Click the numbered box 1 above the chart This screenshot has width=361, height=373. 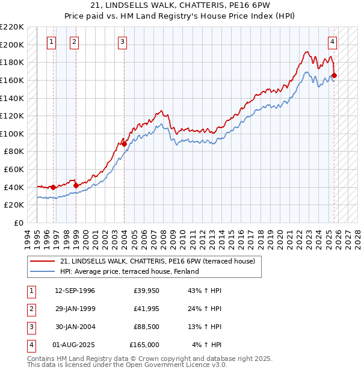click(51, 42)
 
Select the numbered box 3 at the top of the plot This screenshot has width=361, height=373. click(122, 42)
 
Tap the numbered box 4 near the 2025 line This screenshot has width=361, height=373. click(332, 42)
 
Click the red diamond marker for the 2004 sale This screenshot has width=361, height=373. click(124, 144)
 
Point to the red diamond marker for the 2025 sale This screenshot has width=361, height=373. click(335, 76)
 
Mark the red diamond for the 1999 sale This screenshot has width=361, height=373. click(76, 185)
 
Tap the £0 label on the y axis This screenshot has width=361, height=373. click(19, 223)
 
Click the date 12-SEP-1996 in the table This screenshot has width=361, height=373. click(75, 291)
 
